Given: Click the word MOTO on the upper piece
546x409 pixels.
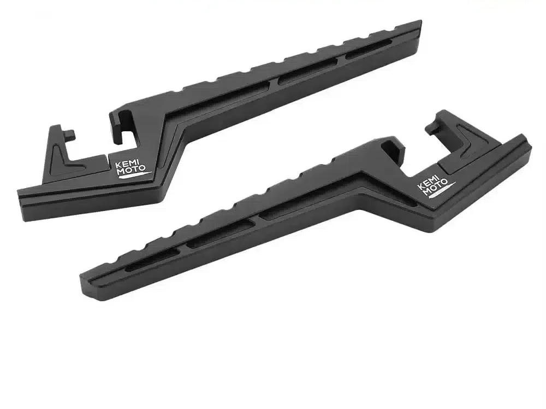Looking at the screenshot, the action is pyautogui.click(x=131, y=170).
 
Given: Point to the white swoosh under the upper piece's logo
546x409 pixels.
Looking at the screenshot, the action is pyautogui.click(x=135, y=176).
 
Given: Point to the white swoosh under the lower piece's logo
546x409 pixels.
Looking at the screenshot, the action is pyautogui.click(x=442, y=191).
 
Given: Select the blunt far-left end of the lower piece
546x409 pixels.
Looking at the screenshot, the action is pyautogui.click(x=83, y=283).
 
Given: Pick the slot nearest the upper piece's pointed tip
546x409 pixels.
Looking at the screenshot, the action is pyautogui.click(x=369, y=48).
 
